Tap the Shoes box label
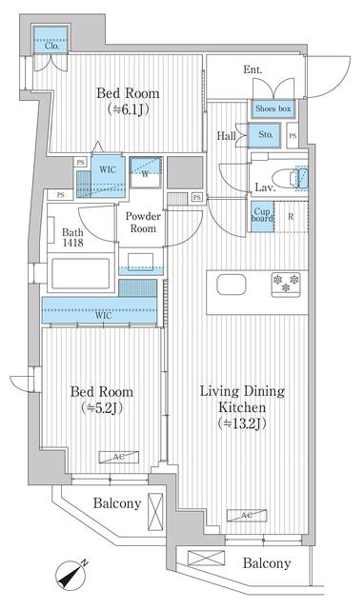tap(273, 108)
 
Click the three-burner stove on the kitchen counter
tap(286, 285)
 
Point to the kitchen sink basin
tap(232, 285)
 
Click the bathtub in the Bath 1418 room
tap(80, 273)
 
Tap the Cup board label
tap(262, 215)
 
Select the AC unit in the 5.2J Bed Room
tap(119, 457)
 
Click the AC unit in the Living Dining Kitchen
tap(247, 515)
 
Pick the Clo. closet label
tap(51, 46)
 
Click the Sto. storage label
tap(266, 135)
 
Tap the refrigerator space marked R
tap(292, 217)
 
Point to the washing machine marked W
tap(145, 172)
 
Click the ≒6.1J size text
tap(128, 110)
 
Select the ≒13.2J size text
tap(242, 423)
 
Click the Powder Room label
tap(143, 222)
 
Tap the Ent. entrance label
tap(253, 69)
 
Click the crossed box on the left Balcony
tap(155, 511)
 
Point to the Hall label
tap(227, 136)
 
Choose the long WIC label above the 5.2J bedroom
tap(103, 315)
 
